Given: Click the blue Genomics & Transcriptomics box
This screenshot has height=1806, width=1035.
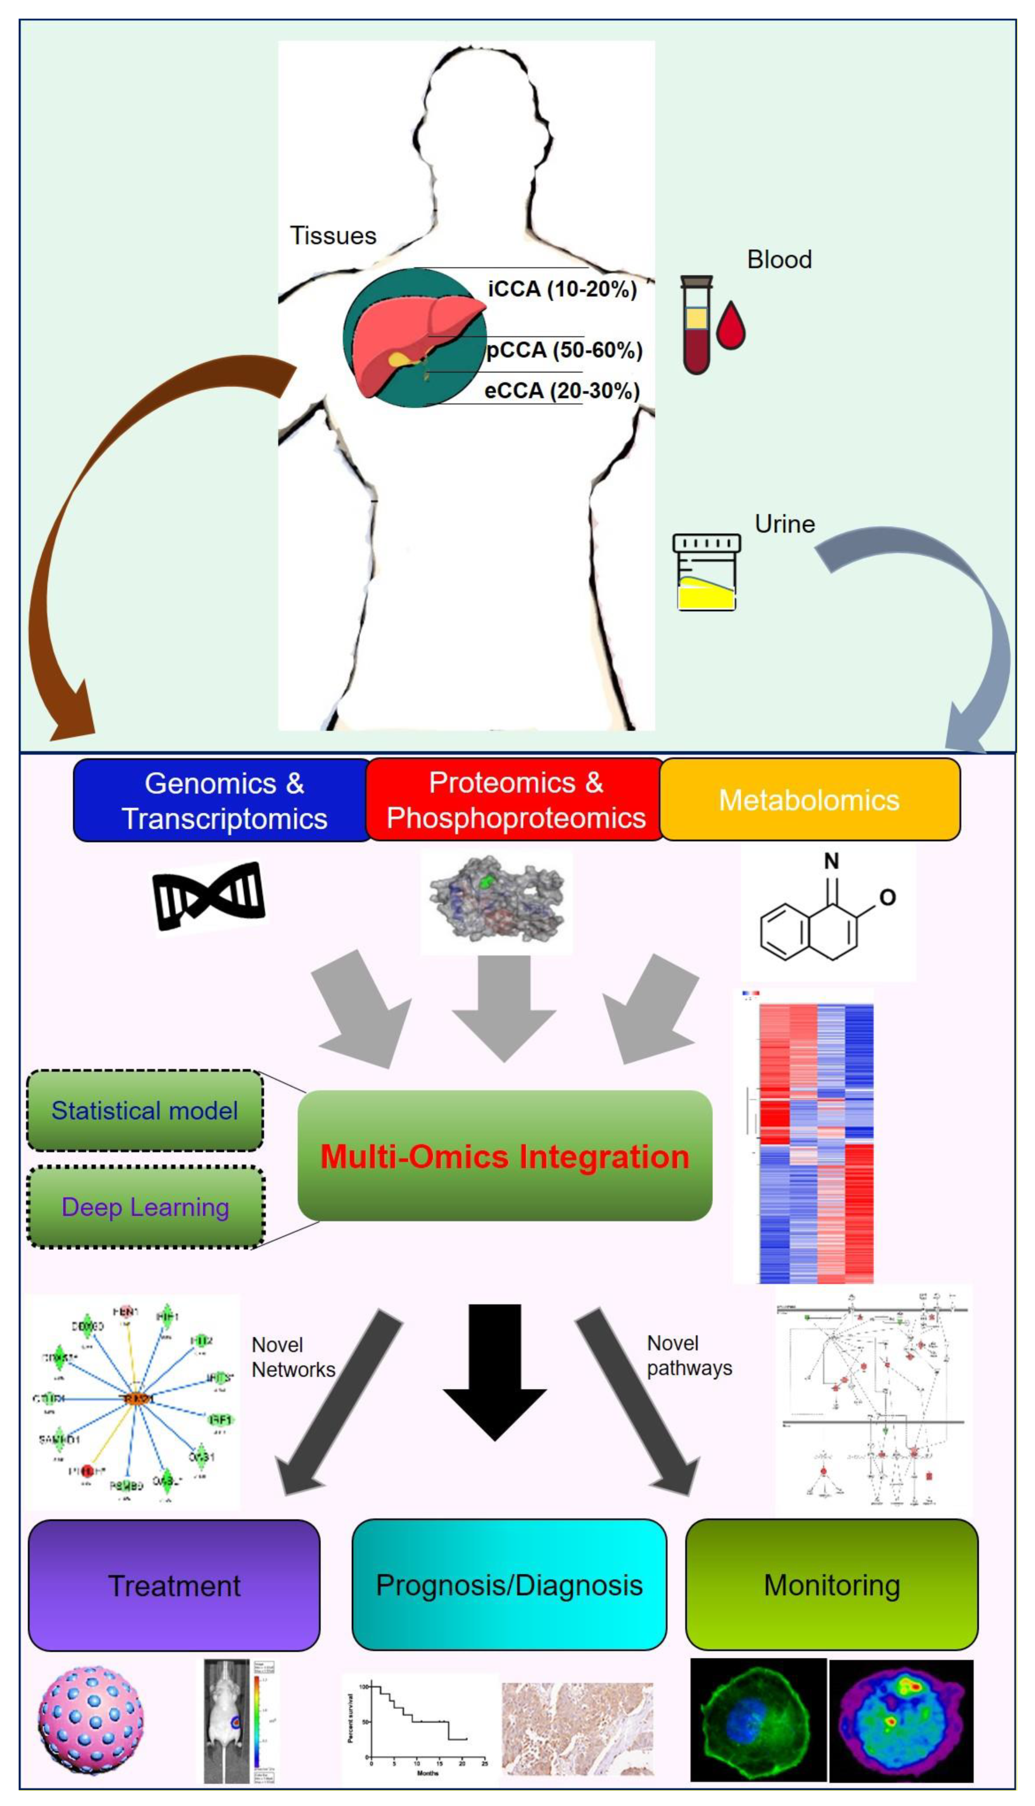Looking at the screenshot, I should pos(223,800).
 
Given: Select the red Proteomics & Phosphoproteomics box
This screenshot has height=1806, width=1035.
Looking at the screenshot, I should pos(515,800).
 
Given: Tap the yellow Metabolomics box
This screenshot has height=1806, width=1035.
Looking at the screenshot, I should pos(810,800).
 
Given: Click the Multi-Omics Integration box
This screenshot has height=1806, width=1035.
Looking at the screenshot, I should pos(505,1156).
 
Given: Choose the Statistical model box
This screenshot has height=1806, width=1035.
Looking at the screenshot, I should pos(145,1110).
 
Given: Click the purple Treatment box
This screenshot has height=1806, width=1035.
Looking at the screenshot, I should pos(174,1586).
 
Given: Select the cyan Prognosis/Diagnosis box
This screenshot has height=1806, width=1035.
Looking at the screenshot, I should pos(509,1585).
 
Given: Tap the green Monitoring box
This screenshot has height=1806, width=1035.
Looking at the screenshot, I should pos(832,1585).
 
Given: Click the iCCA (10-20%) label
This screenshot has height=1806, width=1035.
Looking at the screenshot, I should pos(562,289).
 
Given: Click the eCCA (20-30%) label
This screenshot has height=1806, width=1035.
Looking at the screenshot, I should pos(562,390).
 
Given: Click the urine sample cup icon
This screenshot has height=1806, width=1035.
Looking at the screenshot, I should pos(707,573).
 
